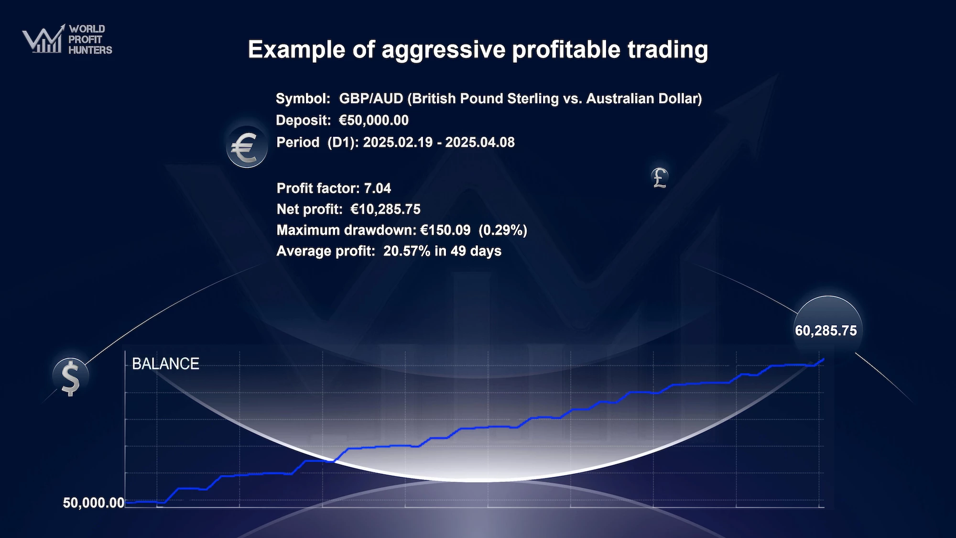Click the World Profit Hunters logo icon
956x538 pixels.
43,39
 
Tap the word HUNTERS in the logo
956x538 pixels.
90,50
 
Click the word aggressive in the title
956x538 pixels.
443,50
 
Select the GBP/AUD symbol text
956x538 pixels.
371,99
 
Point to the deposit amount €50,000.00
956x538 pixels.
374,120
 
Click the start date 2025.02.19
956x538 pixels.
398,142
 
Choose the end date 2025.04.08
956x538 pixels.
480,142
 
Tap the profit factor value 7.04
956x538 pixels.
378,188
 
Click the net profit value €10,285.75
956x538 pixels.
385,209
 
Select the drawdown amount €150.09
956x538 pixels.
445,230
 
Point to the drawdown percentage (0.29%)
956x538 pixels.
503,230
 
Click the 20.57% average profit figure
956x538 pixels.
407,251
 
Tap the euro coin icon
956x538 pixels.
247,147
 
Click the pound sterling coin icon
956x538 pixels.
660,177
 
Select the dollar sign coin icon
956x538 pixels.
71,377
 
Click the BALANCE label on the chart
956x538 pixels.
165,364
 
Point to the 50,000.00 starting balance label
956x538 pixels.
94,503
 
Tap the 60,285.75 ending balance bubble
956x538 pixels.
827,330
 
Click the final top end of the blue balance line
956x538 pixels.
824,359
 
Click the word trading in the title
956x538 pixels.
668,50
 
